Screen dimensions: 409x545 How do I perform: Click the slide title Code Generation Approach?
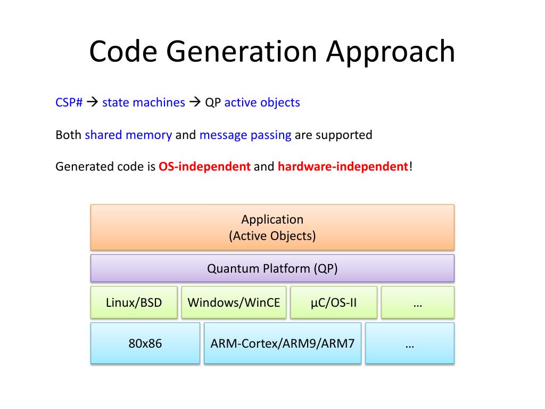click(x=272, y=52)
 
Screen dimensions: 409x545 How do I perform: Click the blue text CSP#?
click(x=69, y=102)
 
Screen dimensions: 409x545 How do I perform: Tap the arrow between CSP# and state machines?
click(x=92, y=102)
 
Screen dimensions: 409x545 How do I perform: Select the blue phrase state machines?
click(x=144, y=102)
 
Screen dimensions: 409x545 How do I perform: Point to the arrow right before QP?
click(x=195, y=102)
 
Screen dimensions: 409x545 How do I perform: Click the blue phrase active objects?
click(x=262, y=102)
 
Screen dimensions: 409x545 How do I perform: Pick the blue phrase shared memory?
click(x=128, y=135)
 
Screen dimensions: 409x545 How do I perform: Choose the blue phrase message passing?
click(x=245, y=135)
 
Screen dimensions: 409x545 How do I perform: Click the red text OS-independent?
click(x=204, y=167)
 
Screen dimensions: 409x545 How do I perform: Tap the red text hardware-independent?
click(x=343, y=167)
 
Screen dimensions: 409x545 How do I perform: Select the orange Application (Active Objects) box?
click(x=272, y=227)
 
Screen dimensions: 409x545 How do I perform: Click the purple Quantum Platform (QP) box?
click(x=272, y=268)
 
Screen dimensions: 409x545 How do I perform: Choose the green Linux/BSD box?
click(x=134, y=302)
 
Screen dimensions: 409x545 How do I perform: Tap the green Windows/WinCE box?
click(x=234, y=302)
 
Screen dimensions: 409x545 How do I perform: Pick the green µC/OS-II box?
click(x=334, y=302)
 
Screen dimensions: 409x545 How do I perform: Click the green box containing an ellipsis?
click(x=418, y=302)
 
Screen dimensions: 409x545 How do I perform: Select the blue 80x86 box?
click(x=145, y=343)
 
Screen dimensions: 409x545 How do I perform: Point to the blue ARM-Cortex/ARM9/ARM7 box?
click(x=282, y=343)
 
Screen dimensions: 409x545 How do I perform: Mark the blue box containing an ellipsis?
click(x=409, y=343)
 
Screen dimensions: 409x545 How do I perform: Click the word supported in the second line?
click(x=344, y=135)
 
